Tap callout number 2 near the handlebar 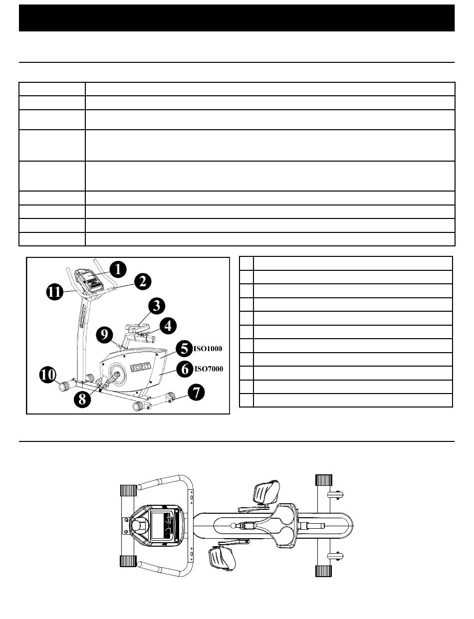142,281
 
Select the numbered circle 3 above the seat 156,304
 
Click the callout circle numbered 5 184,348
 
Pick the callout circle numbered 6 185,370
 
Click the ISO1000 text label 208,348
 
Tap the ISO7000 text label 208,370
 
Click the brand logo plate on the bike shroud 140,367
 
